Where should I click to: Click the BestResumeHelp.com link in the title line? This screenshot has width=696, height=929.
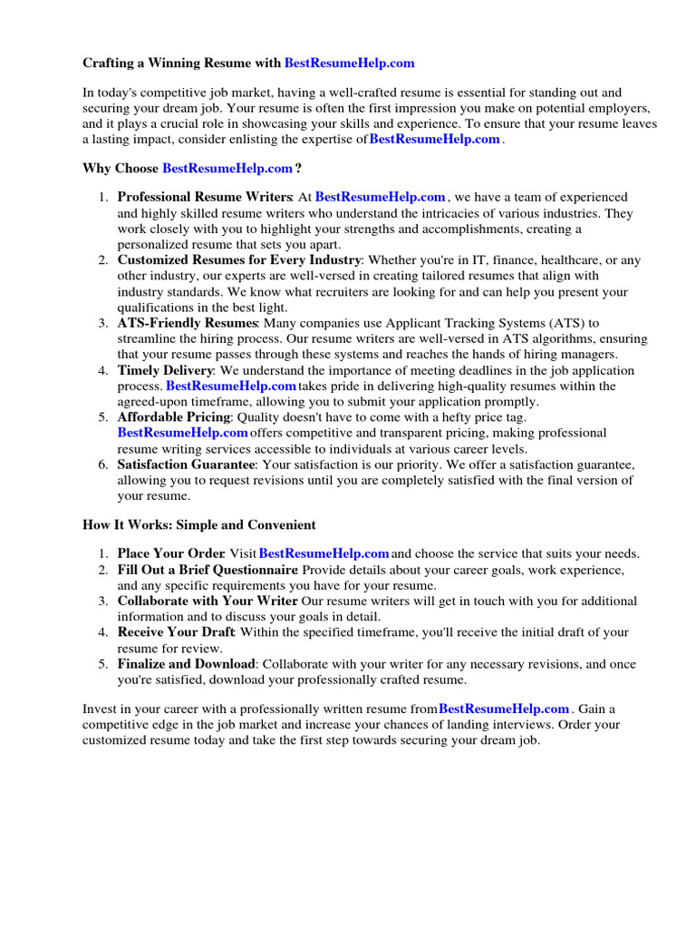point(349,63)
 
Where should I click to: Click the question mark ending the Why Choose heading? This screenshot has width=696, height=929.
point(298,168)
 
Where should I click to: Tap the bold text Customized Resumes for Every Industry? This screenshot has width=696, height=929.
point(239,260)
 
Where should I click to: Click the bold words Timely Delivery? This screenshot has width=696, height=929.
point(165,370)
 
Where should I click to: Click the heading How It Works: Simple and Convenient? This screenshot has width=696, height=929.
point(199,524)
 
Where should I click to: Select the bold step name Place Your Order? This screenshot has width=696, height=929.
point(170,553)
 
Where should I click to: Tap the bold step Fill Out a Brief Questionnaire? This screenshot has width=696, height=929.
point(208,570)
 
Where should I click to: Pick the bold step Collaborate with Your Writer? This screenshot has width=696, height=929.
point(208,601)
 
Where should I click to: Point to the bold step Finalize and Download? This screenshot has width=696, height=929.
point(187,664)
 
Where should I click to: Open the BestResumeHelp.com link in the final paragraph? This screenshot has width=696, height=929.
point(504,708)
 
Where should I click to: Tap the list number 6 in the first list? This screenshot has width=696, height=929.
point(103,464)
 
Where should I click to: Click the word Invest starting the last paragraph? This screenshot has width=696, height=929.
point(101,708)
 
